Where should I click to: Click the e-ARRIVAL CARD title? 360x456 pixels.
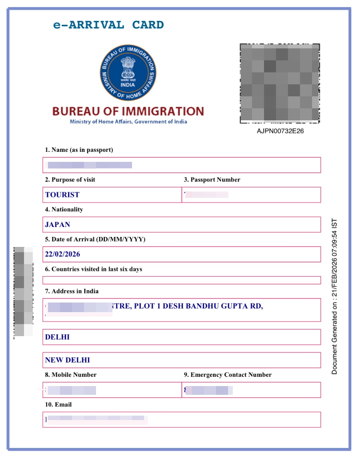(108, 25)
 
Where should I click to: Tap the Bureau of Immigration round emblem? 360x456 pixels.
(128, 73)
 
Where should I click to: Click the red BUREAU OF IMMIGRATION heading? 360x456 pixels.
(128, 111)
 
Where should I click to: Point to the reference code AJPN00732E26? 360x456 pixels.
(280, 131)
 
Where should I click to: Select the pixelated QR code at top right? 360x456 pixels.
(280, 83)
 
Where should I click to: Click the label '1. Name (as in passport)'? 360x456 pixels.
(79, 150)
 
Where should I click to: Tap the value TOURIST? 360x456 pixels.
(62, 195)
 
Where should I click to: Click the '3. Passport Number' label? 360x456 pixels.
(212, 180)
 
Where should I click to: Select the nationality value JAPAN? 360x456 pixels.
(58, 225)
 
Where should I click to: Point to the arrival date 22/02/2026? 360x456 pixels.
(63, 254)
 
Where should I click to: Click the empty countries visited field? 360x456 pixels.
(182, 280)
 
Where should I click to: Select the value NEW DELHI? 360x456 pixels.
(68, 360)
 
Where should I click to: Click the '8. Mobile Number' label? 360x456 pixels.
(71, 375)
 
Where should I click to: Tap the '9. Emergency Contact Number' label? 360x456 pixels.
(228, 375)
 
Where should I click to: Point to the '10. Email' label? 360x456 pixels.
(58, 404)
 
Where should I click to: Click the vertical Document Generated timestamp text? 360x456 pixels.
(334, 296)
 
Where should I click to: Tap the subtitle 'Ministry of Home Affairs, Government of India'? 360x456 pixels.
(128, 122)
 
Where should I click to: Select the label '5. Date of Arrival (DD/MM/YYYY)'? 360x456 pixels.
(95, 239)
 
